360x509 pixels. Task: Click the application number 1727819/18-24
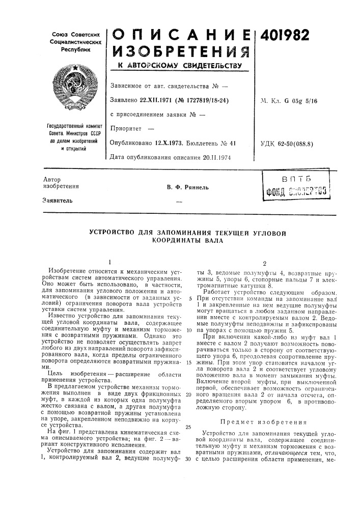point(205,100)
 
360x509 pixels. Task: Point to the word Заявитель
point(57,200)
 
